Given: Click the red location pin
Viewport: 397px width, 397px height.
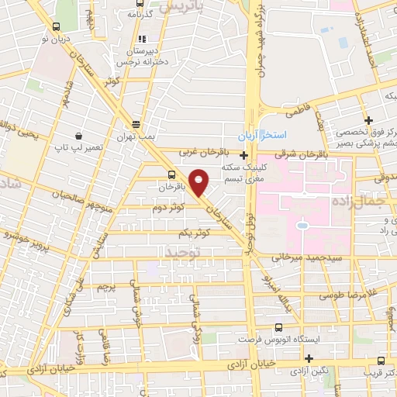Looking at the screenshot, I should (199, 185).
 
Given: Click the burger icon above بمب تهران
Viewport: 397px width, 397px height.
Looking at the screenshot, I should (136, 124).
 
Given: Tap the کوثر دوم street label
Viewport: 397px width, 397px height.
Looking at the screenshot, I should (168, 209).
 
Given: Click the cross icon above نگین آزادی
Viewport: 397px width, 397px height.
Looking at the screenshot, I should (309, 358).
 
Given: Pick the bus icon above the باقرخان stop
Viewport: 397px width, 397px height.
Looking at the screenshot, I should (171, 174).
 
